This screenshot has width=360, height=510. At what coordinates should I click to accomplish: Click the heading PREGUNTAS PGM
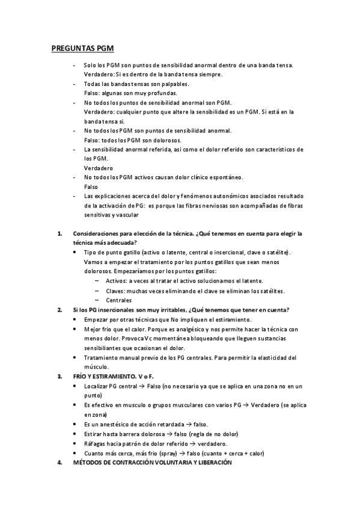(x=83, y=48)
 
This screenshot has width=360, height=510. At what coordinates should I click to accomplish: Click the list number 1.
(x=59, y=233)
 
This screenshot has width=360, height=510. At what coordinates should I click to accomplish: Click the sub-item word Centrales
(x=118, y=300)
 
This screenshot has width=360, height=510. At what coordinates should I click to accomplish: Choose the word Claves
(x=115, y=290)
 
